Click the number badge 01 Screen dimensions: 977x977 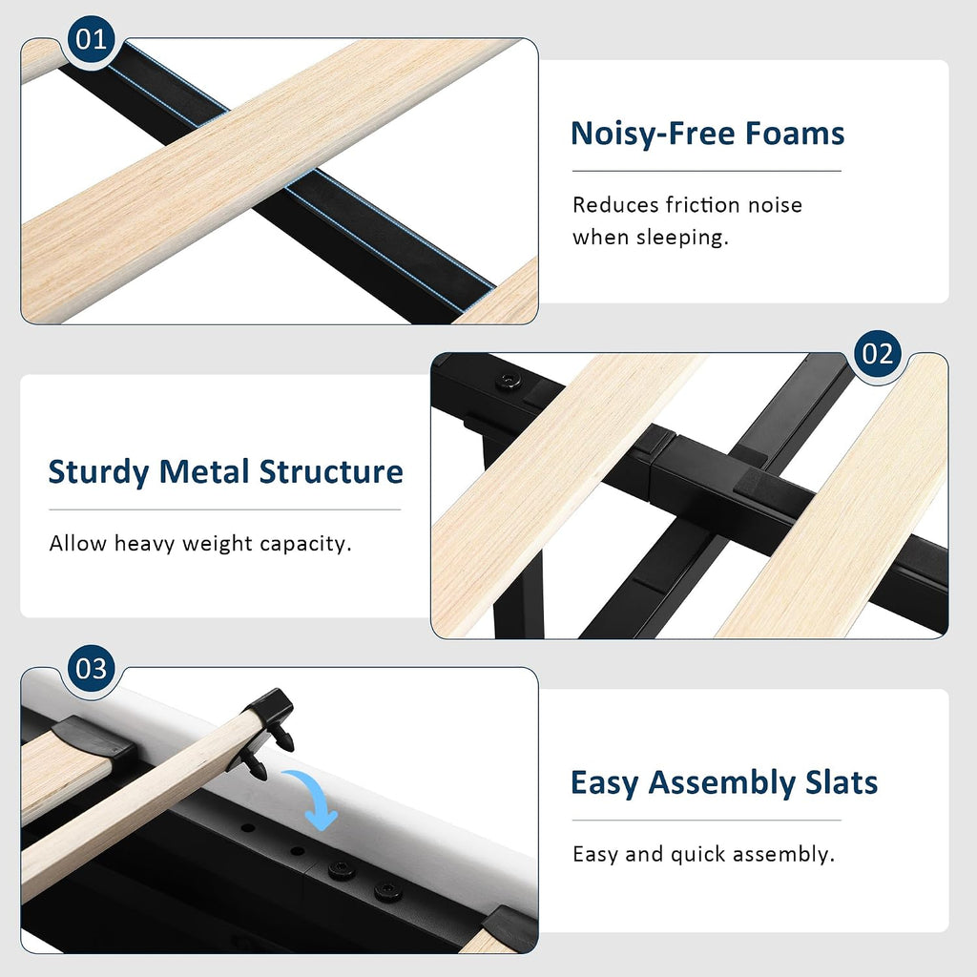click(x=91, y=39)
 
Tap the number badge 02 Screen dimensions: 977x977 click(x=878, y=354)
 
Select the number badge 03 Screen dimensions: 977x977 click(x=91, y=669)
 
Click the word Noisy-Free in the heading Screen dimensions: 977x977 click(x=653, y=134)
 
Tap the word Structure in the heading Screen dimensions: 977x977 click(x=331, y=471)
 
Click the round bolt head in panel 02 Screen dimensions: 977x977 click(x=509, y=380)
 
